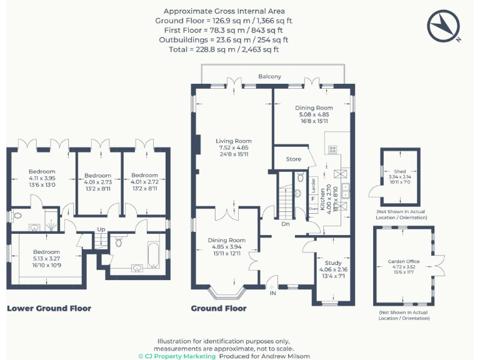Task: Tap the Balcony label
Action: tap(269, 76)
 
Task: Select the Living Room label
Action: tap(233, 141)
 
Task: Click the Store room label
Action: tap(293, 159)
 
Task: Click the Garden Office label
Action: tap(404, 261)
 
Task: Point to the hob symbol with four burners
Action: tap(332, 150)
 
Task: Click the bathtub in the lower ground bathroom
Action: tap(154, 256)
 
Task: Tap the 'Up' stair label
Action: tap(100, 229)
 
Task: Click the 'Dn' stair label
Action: tap(286, 224)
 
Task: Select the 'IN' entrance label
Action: tap(272, 292)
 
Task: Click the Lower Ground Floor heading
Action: tap(49, 308)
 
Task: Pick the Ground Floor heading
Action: tap(218, 308)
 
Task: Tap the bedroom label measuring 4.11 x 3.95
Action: tap(42, 171)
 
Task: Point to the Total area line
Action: tap(224, 49)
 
